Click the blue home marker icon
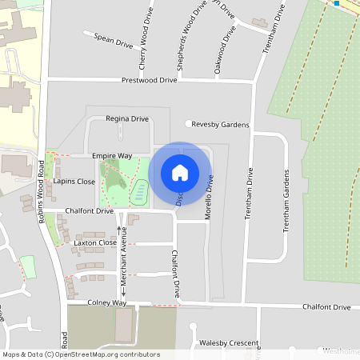(x=180, y=173)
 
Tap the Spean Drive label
(x=114, y=38)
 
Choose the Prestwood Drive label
(x=149, y=81)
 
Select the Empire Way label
(x=112, y=155)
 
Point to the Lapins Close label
(x=74, y=182)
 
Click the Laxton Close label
(x=95, y=242)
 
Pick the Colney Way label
(x=108, y=303)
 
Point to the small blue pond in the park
(x=138, y=190)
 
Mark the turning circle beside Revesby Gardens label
(x=190, y=124)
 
